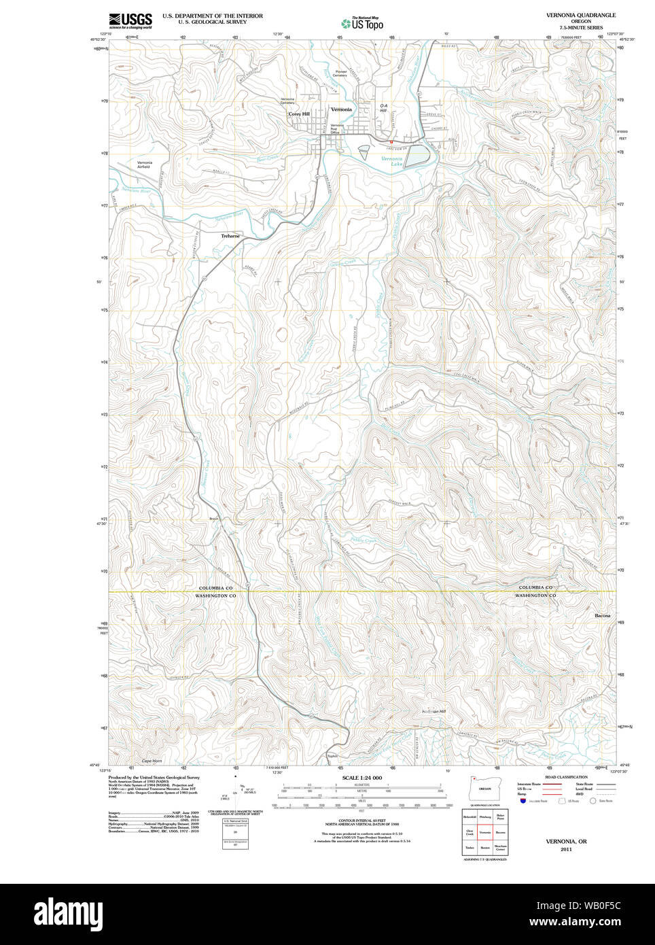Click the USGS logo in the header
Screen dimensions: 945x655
pos(130,20)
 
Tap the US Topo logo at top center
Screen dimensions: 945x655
pos(363,23)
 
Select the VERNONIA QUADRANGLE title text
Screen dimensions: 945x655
pos(580,15)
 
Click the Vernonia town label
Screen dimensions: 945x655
pos(341,109)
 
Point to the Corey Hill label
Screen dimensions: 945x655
pos(299,114)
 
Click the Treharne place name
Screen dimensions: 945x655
pos(230,236)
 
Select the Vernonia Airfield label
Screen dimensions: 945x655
pos(145,165)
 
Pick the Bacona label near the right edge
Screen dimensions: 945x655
pos(602,616)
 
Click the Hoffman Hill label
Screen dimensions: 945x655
pos(433,712)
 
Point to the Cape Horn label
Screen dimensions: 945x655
pos(152,761)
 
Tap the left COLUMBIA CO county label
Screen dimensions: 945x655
pos(215,588)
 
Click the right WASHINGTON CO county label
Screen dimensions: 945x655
pos(535,596)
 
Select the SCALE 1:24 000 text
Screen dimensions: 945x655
pos(361,778)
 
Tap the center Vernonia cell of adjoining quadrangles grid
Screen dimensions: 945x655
pos(484,832)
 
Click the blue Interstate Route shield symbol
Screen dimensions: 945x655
pos(523,801)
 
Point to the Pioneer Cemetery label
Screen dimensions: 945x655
pos(340,73)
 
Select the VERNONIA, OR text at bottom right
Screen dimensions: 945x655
pos(566,842)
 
